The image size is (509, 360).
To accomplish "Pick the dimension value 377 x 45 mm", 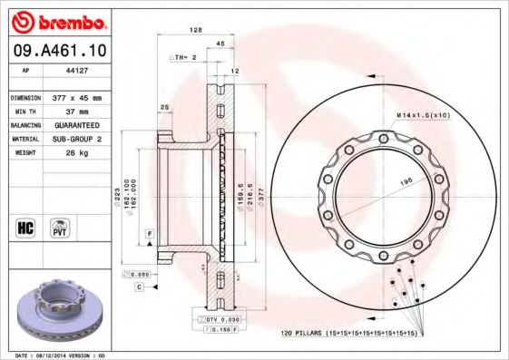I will (75, 97).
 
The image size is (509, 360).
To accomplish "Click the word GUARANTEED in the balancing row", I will (75, 124).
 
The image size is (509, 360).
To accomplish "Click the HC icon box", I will (26, 227).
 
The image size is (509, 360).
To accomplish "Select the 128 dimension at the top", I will (193, 30).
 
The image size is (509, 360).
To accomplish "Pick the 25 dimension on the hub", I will (164, 108).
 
